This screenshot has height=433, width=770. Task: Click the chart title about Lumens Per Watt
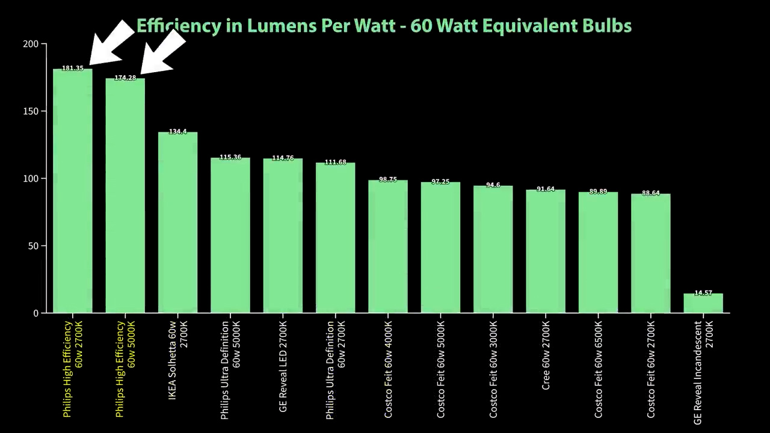point(384,26)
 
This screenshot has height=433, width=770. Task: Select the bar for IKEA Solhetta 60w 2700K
point(177,223)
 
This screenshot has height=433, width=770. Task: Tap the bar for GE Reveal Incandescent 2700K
point(703,303)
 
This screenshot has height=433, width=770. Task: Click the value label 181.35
point(73,69)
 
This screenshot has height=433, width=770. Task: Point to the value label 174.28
point(125,78)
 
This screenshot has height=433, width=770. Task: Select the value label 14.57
point(703,293)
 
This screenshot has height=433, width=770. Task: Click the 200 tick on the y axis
point(31,44)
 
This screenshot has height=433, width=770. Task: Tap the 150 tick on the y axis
point(31,111)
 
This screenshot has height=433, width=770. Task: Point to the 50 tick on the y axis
point(33,246)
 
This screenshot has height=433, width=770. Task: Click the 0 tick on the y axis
point(36,313)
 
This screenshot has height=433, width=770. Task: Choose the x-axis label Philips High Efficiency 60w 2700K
point(73,368)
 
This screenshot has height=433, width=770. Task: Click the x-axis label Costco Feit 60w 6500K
point(599,369)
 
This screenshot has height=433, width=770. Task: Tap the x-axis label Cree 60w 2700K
point(546,355)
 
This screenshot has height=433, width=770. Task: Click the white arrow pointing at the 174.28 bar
point(162,53)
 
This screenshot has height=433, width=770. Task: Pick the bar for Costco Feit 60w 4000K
point(388,247)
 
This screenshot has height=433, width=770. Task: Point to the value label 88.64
point(651,194)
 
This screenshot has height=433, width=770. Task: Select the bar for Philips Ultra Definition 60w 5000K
point(230,235)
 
